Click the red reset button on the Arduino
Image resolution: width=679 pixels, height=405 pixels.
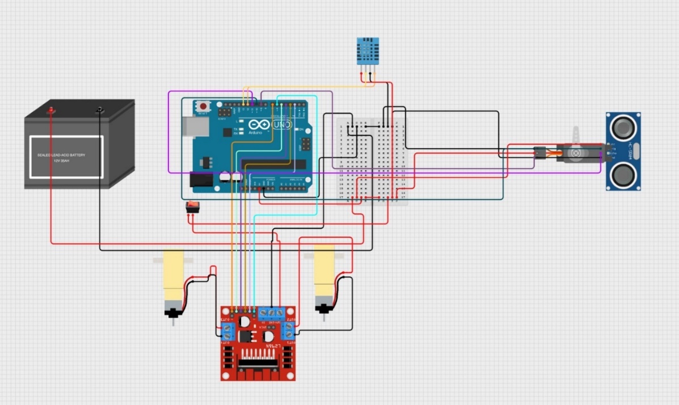click(203, 106)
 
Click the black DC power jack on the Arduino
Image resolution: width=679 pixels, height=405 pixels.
click(199, 180)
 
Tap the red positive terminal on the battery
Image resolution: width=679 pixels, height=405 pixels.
click(51, 110)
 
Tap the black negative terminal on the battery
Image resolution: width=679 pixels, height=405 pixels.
click(100, 109)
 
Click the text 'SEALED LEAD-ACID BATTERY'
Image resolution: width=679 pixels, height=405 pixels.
click(62, 154)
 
